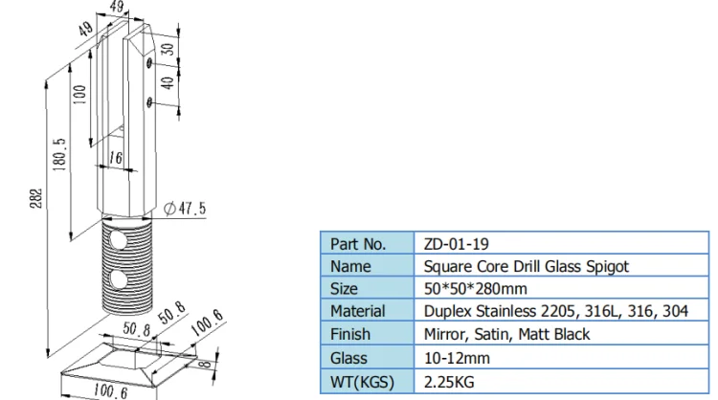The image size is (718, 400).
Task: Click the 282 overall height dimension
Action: click(36, 198)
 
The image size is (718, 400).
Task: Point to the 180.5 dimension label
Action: click(60, 155)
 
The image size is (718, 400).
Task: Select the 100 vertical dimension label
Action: click(79, 95)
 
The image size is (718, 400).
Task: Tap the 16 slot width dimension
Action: click(116, 158)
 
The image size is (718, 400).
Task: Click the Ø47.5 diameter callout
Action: click(185, 209)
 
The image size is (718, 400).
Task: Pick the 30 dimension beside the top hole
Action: click(168, 49)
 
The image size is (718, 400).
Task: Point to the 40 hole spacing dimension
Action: click(168, 83)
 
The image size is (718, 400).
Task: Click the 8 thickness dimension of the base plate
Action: click(207, 364)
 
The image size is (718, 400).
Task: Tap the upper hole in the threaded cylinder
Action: click(118, 241)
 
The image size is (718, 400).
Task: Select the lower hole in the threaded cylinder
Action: click(119, 279)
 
